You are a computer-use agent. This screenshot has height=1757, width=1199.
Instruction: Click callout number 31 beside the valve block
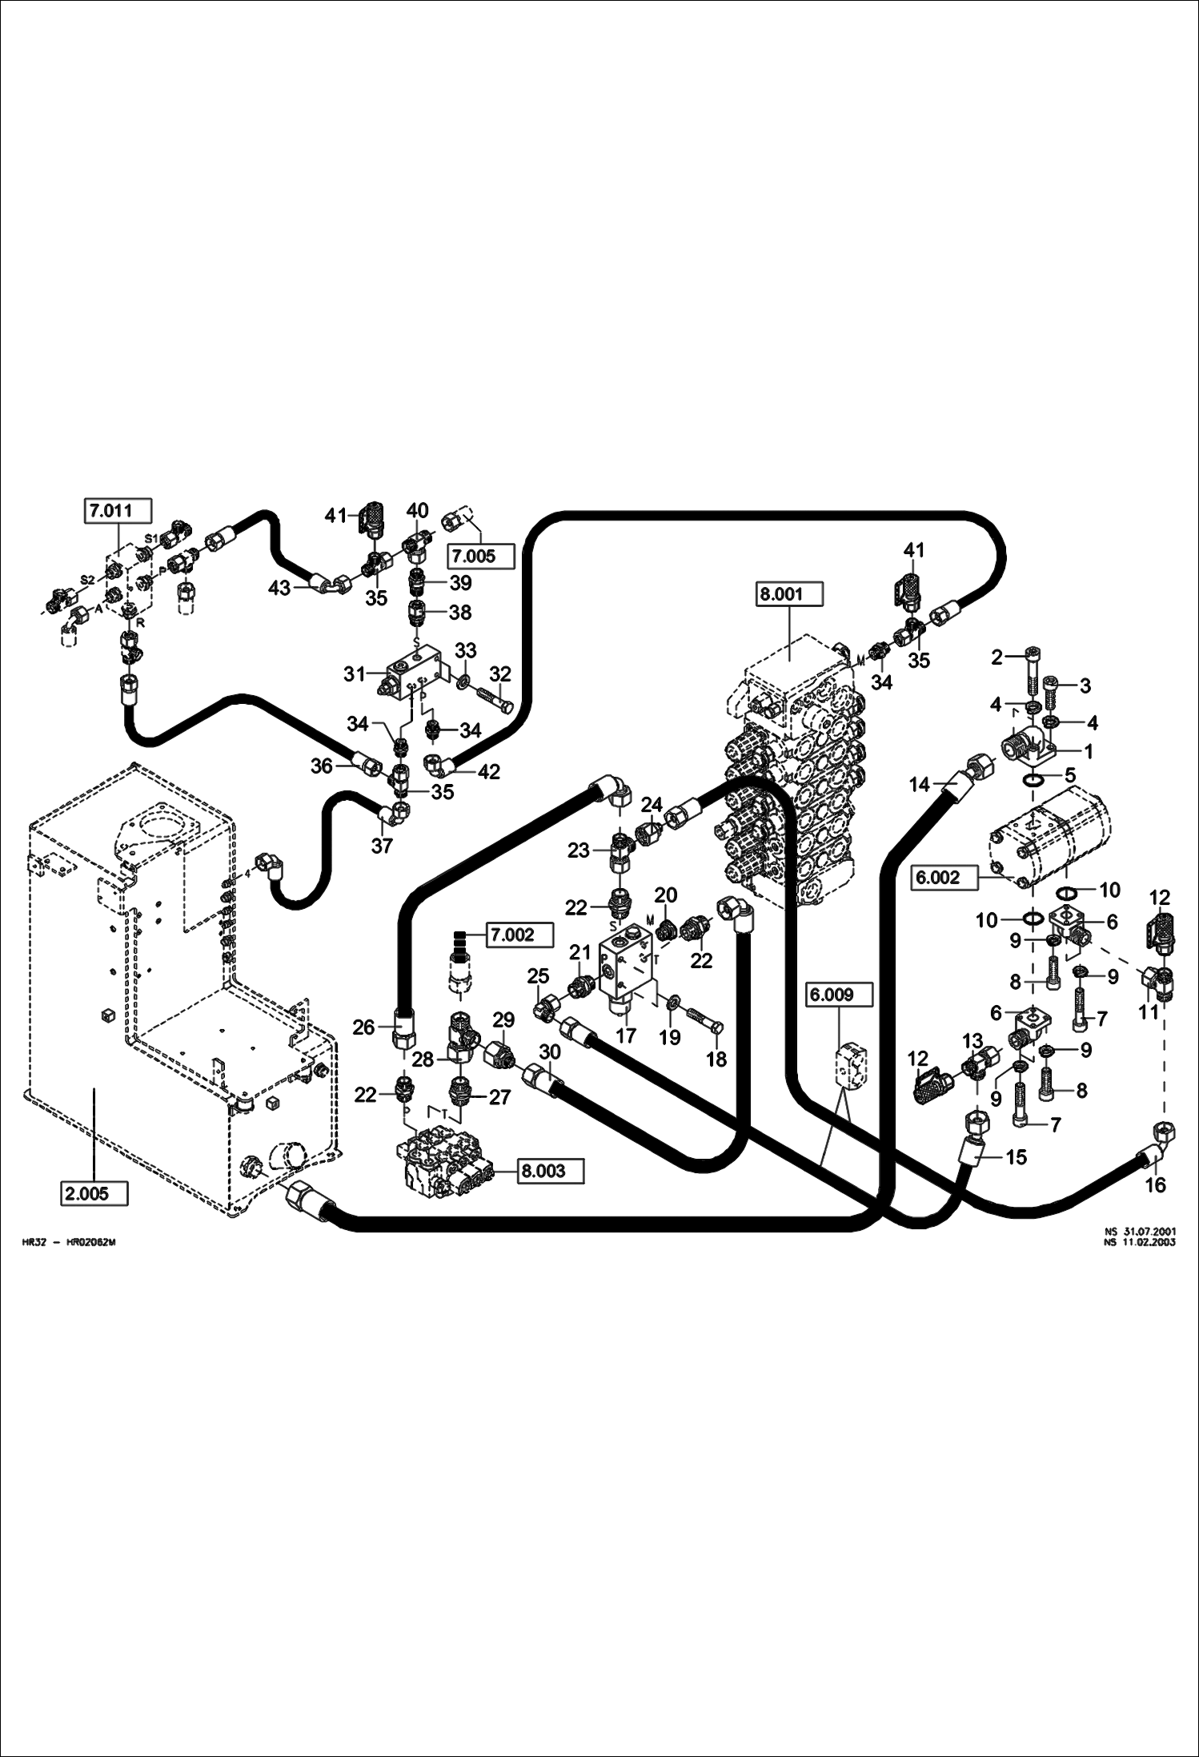pos(355,674)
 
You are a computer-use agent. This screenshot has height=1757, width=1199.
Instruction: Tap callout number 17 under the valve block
pos(626,1035)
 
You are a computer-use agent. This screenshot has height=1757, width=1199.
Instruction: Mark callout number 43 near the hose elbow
pos(279,589)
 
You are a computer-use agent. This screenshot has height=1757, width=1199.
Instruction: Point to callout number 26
pos(363,1027)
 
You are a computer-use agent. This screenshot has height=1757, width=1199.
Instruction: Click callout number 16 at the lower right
pos(1155,1185)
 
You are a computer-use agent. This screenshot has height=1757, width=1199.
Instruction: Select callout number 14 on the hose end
pos(920,785)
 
